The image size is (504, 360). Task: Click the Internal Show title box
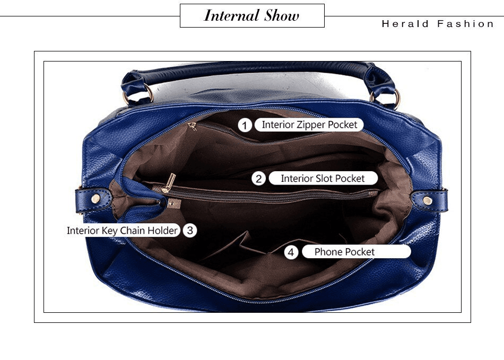tap(252, 16)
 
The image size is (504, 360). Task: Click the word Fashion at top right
tap(465, 24)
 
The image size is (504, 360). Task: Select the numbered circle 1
tap(245, 125)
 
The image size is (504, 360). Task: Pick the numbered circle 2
tap(259, 179)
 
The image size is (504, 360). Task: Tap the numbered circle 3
tap(190, 231)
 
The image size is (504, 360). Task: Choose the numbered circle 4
tap(291, 252)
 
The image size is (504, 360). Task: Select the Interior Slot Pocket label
tap(323, 178)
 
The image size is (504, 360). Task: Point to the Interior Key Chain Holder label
tap(122, 231)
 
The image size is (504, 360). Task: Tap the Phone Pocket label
tap(345, 252)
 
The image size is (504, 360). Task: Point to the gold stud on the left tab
tap(96, 198)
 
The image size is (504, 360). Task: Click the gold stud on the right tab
tap(427, 199)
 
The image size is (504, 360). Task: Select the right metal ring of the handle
tap(394, 99)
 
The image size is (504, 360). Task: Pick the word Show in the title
tap(282, 16)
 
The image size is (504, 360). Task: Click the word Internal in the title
tap(232, 16)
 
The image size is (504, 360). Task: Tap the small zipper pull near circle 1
tap(192, 126)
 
